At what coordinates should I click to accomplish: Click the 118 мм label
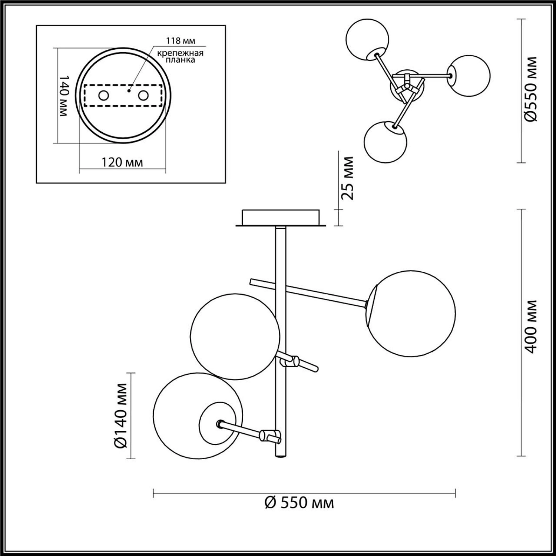[180, 40]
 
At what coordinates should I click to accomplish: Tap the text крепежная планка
[180, 56]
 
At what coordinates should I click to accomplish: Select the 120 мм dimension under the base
[122, 162]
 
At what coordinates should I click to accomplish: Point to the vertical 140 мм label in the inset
[64, 96]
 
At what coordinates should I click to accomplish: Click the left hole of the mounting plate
[103, 96]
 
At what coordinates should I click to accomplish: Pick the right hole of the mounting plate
[143, 96]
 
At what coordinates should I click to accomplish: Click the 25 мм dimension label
[348, 178]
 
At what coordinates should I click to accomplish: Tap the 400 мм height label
[531, 327]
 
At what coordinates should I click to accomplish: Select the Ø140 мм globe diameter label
[121, 416]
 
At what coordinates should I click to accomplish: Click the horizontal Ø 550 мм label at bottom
[299, 503]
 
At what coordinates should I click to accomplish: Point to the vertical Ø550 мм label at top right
[531, 89]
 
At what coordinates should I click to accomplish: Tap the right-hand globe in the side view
[411, 314]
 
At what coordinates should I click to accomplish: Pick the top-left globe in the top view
[367, 39]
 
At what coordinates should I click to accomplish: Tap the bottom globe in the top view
[385, 142]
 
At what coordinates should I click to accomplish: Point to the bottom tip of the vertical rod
[281, 457]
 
